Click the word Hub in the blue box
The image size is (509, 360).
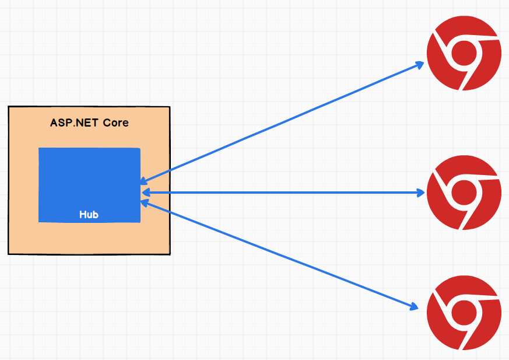pyautogui.click(x=89, y=215)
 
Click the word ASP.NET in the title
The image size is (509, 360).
pyautogui.click(x=74, y=123)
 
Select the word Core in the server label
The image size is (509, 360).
pyautogui.click(x=115, y=123)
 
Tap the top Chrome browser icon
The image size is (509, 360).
pyautogui.click(x=464, y=55)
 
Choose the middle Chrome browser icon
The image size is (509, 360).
pyautogui.click(x=464, y=193)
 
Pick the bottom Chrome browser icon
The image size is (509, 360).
pyautogui.click(x=464, y=313)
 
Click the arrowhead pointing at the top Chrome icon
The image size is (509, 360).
pyautogui.click(x=419, y=64)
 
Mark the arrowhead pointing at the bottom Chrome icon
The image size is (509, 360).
pyautogui.click(x=413, y=305)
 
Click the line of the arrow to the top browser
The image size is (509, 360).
pyautogui.click(x=280, y=124)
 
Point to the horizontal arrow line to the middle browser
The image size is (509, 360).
pyautogui.click(x=280, y=193)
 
